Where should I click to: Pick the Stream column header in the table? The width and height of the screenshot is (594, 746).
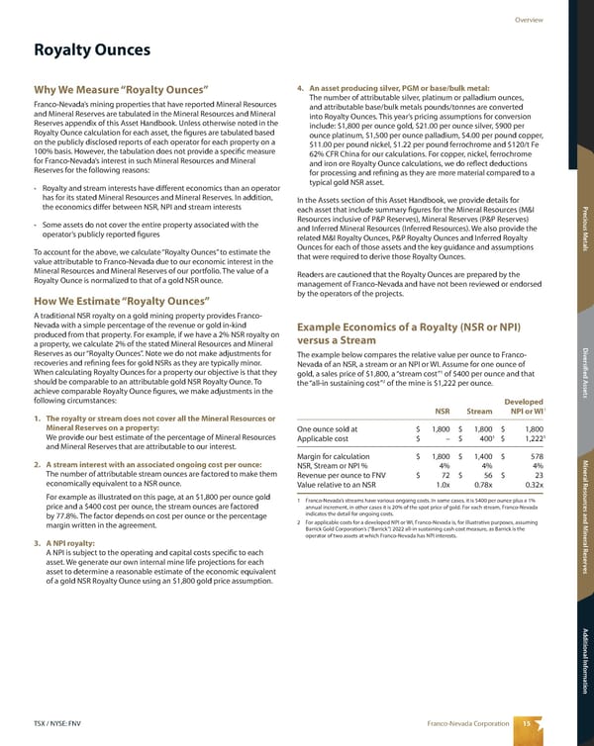click(x=480, y=413)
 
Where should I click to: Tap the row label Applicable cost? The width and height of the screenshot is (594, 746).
click(x=325, y=439)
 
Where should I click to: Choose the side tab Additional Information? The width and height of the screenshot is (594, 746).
click(x=583, y=657)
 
